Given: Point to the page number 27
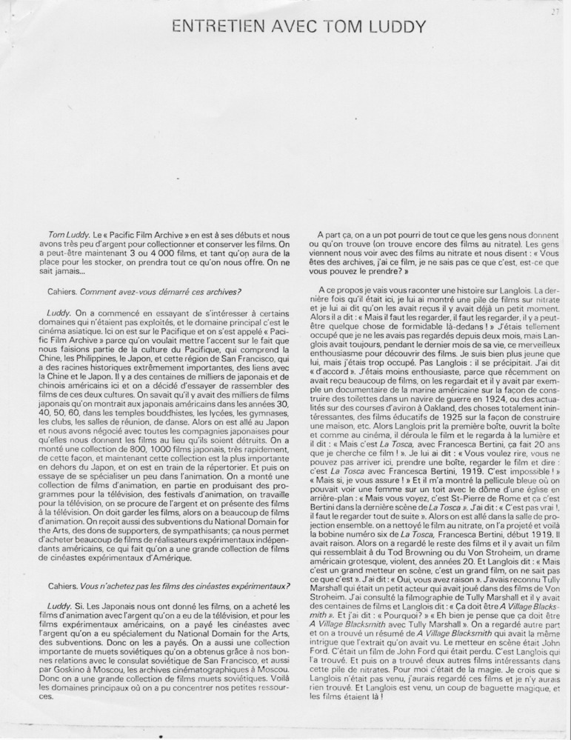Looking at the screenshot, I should [554, 12].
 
